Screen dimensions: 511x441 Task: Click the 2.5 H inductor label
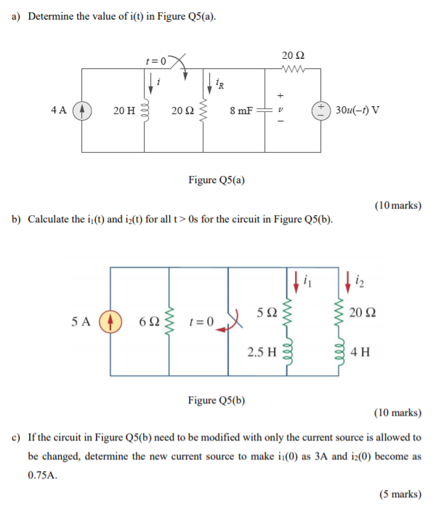point(262,352)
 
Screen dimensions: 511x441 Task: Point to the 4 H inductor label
point(360,353)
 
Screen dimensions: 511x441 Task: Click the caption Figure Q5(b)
point(217,400)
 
